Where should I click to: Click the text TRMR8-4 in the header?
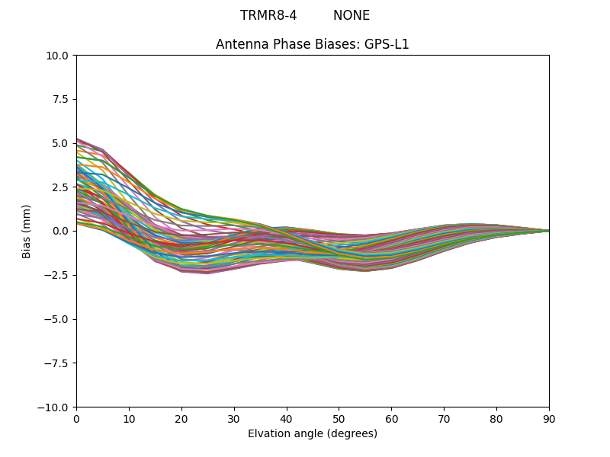[268, 15]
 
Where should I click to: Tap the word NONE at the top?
[352, 15]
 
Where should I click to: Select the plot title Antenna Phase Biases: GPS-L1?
[313, 44]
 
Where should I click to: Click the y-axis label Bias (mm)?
[27, 231]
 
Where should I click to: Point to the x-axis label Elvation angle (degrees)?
[313, 434]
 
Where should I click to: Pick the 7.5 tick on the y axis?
[61, 100]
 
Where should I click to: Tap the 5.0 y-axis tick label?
[61, 143]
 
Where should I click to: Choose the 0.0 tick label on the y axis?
[61, 231]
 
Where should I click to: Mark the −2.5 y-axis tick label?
[58, 275]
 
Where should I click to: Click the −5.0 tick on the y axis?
[58, 319]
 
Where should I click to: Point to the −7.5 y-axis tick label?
[58, 363]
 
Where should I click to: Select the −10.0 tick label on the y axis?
[55, 407]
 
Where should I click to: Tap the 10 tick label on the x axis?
[129, 419]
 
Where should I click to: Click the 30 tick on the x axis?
[234, 419]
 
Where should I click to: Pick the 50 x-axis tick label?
[339, 419]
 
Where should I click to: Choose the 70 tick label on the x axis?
[444, 419]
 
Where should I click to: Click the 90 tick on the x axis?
[549, 419]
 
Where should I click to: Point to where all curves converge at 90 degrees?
[548, 231]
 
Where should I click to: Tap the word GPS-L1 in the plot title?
[387, 44]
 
